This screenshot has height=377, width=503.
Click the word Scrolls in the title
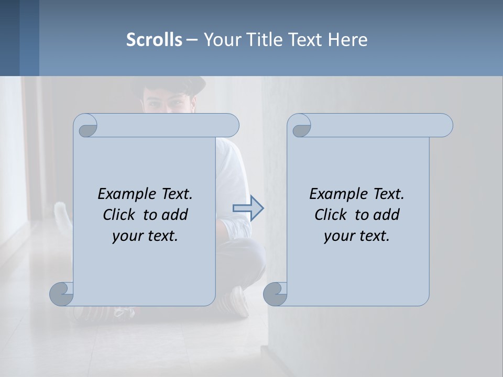155,39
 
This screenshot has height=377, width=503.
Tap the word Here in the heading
348,39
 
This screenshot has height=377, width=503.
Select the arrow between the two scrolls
248,208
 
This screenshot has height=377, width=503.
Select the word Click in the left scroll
121,215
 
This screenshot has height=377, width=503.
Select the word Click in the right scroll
332,215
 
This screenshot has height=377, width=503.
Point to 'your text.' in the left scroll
145,236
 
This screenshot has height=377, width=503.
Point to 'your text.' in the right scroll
357,236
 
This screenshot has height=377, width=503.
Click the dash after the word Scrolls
192,39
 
